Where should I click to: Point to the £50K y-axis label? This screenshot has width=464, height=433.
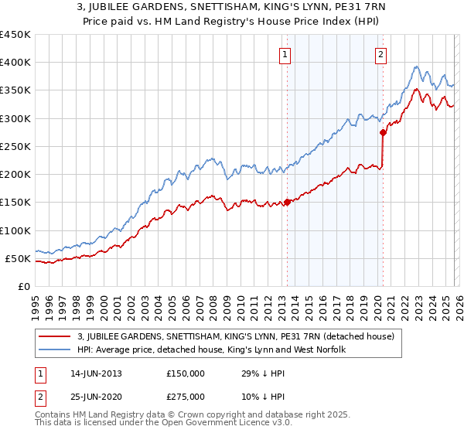click(x=17, y=258)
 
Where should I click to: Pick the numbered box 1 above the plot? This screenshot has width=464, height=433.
click(x=286, y=54)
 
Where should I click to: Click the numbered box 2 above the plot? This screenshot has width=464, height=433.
click(x=382, y=54)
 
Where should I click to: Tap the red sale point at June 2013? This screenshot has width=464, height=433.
click(x=287, y=203)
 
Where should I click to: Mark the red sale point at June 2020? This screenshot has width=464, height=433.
click(x=383, y=133)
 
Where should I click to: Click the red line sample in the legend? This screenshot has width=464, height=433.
click(x=55, y=336)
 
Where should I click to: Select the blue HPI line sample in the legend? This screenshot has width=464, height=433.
click(x=55, y=350)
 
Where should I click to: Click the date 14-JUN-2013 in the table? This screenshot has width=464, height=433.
click(x=94, y=373)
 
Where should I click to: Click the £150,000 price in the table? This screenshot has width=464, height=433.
click(x=186, y=373)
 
